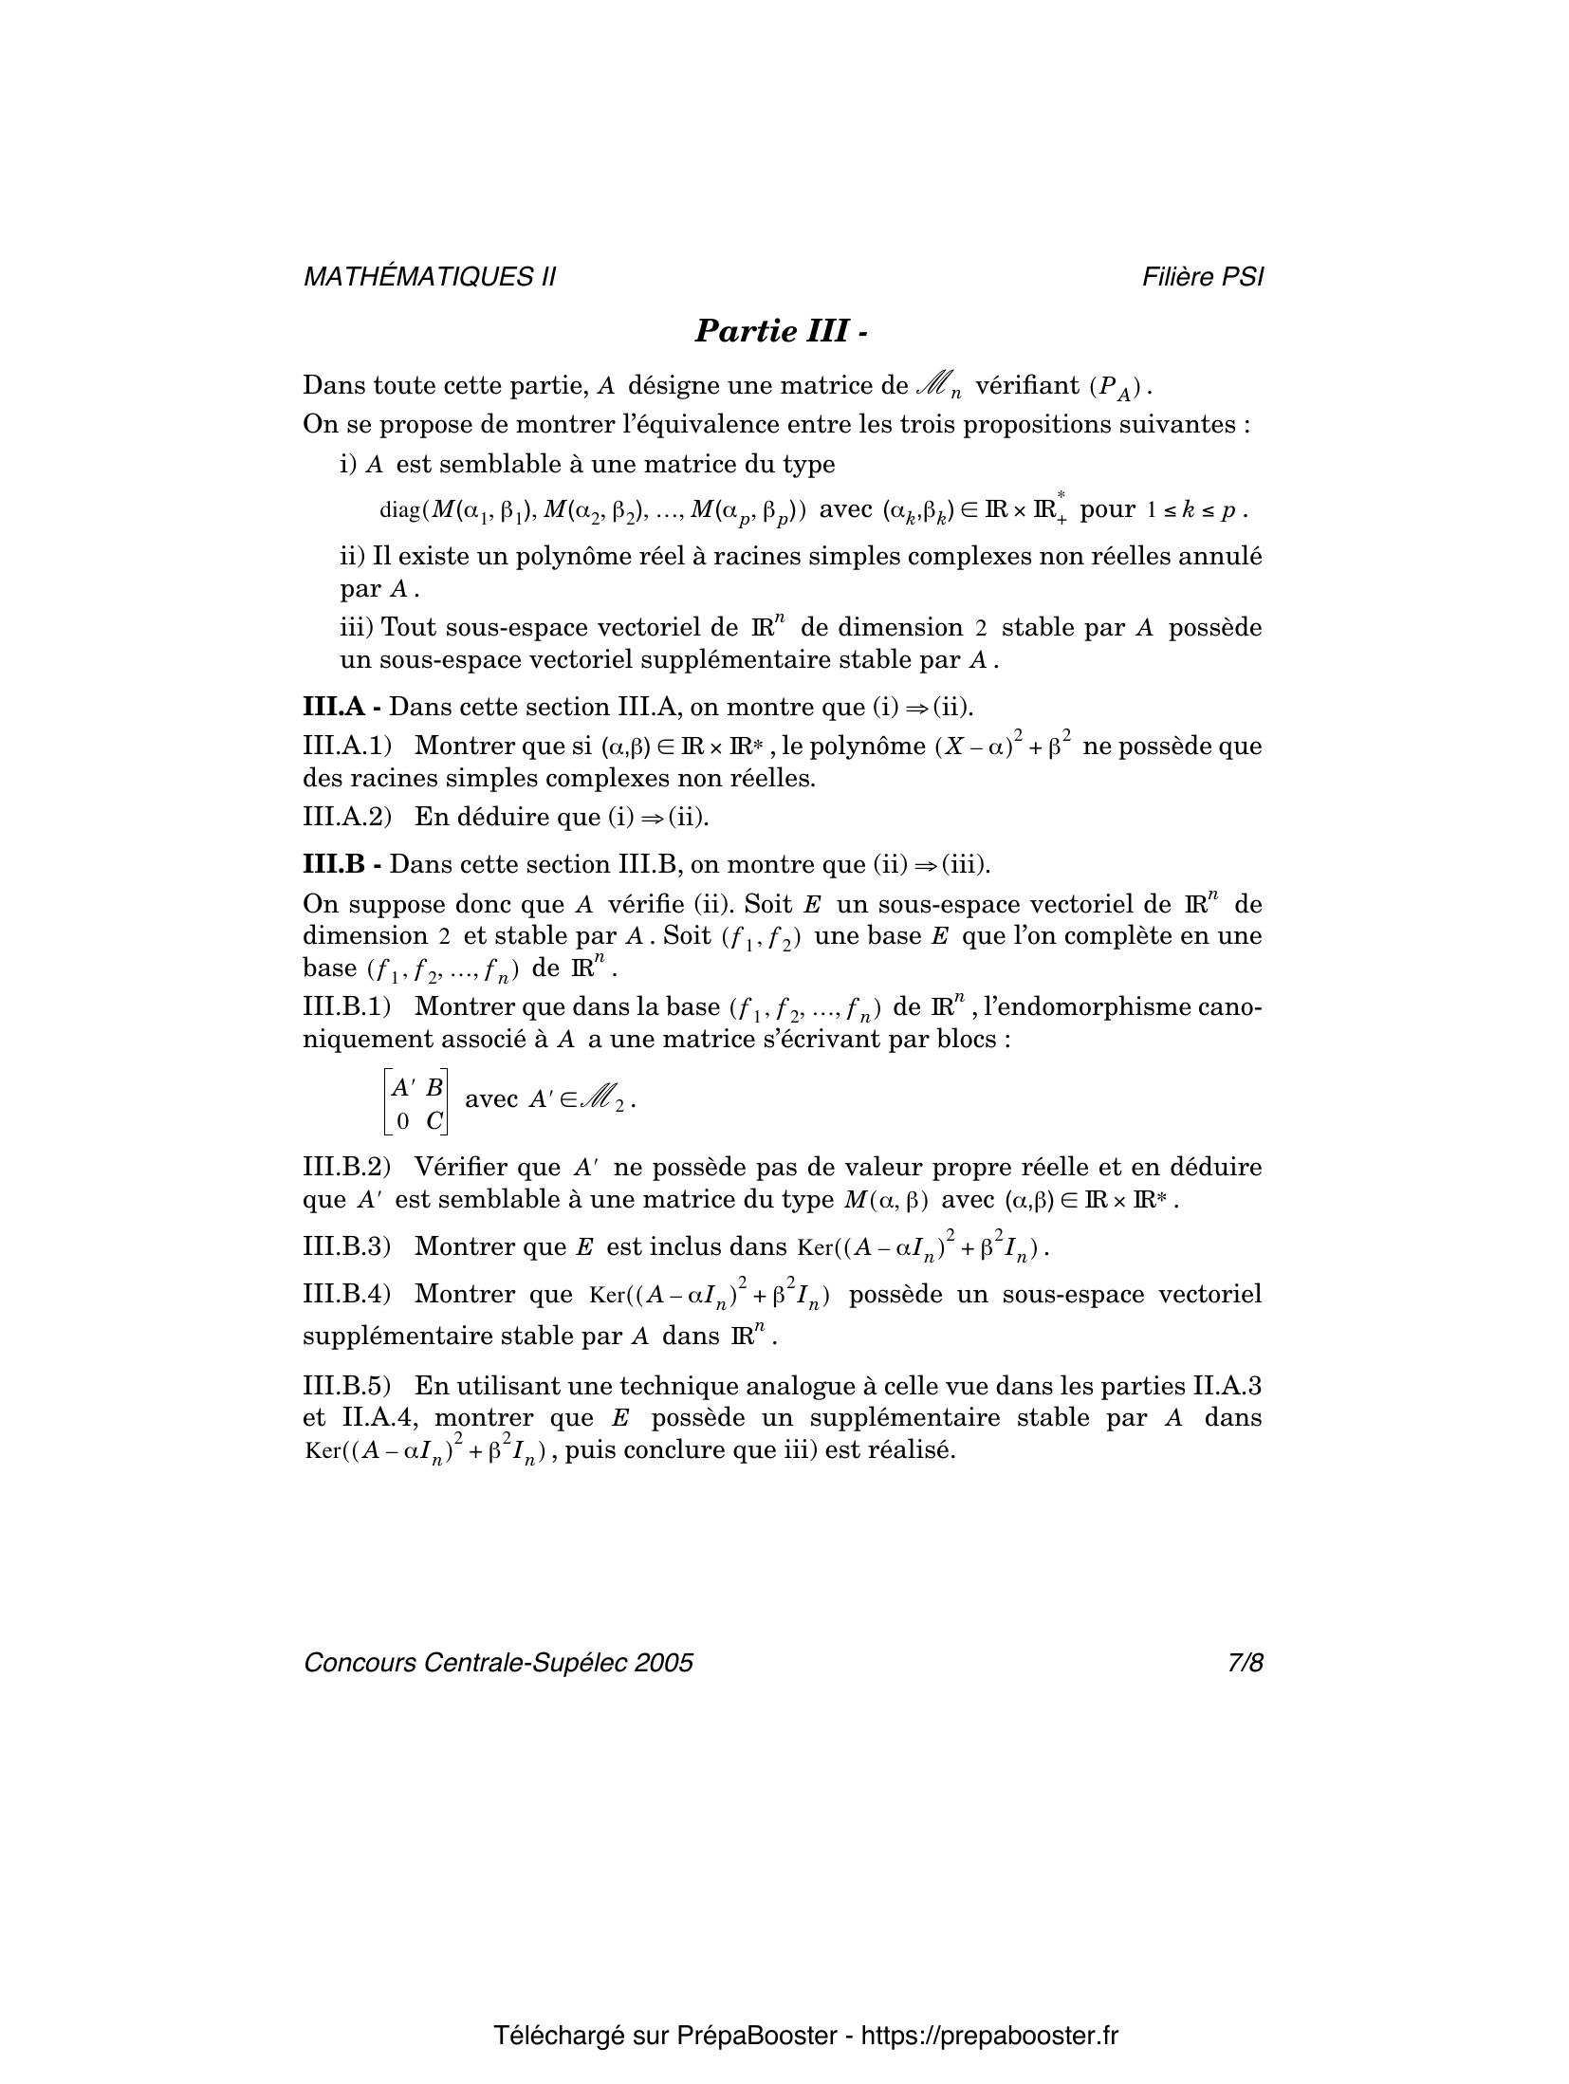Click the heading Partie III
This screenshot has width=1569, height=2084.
click(782, 331)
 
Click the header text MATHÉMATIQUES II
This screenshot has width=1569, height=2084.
click(429, 277)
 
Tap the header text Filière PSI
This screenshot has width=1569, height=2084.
click(1203, 277)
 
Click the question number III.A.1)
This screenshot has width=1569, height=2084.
click(347, 746)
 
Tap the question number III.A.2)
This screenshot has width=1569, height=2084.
click(347, 817)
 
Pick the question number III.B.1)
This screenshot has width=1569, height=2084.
click(347, 1005)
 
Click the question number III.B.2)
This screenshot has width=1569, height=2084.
click(347, 1167)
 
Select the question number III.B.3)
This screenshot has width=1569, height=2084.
click(347, 1246)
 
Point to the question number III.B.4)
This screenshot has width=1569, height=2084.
click(347, 1294)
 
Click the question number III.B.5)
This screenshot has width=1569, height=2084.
click(347, 1386)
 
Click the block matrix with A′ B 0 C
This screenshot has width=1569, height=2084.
click(415, 1101)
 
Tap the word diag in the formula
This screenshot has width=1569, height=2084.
click(399, 510)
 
